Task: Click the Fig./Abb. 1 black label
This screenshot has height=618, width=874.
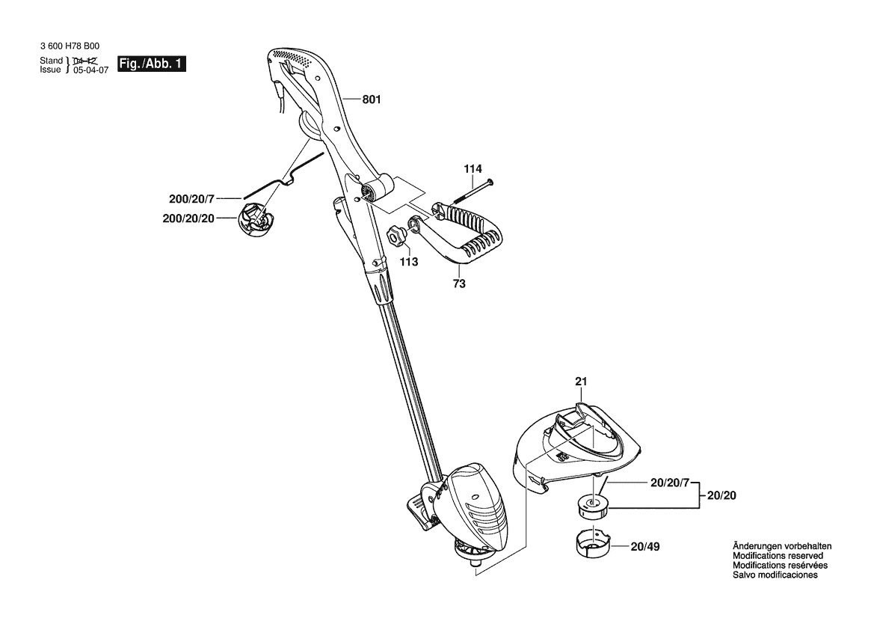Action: [152, 64]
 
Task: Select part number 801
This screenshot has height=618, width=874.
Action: [372, 100]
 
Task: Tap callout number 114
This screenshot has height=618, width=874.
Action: [473, 168]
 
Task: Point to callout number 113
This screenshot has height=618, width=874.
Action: [409, 262]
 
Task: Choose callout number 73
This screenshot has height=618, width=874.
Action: [459, 284]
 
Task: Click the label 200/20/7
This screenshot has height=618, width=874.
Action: [191, 199]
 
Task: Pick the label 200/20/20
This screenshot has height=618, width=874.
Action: [188, 218]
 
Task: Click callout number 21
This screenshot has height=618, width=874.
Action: [582, 382]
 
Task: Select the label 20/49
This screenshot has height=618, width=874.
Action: [645, 547]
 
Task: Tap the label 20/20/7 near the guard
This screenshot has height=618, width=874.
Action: [670, 483]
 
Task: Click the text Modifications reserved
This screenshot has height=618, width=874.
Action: [778, 556]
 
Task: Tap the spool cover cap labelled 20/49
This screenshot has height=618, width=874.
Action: [593, 541]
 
